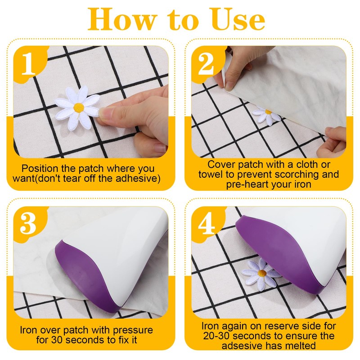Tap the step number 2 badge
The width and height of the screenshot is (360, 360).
206,63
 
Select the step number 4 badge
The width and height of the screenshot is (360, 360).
207,223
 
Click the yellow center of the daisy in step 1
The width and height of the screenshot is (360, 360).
79,108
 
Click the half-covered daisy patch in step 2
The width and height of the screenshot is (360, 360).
266,116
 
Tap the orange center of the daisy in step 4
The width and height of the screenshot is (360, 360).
262,273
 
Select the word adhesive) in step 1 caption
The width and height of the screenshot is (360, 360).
138,179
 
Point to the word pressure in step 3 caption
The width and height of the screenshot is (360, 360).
133,331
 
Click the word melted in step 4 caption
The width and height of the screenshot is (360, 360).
301,346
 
